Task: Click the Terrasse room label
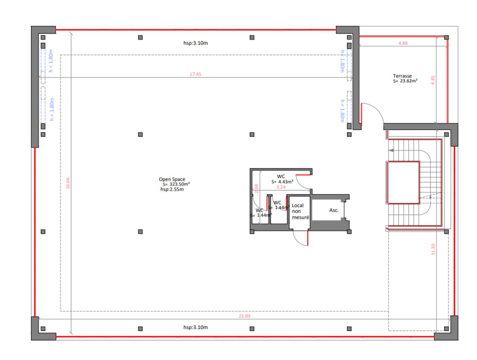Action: pyautogui.click(x=402, y=76)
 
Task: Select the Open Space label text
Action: pyautogui.click(x=172, y=179)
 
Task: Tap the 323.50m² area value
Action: pyautogui.click(x=179, y=184)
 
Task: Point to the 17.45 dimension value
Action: pyautogui.click(x=195, y=74)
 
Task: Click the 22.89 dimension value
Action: pyautogui.click(x=244, y=316)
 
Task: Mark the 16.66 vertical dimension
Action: pyautogui.click(x=68, y=183)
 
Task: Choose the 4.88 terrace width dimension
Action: pyautogui.click(x=403, y=43)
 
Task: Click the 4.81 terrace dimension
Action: pyautogui.click(x=433, y=80)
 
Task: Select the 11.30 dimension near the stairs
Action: pyautogui.click(x=433, y=249)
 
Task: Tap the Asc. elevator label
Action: pyautogui.click(x=334, y=210)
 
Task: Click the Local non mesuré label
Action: pyautogui.click(x=300, y=211)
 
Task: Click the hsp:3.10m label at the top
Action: pyautogui.click(x=195, y=43)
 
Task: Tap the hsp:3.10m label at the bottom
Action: pyautogui.click(x=195, y=327)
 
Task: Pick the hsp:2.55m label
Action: pyautogui.click(x=172, y=189)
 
